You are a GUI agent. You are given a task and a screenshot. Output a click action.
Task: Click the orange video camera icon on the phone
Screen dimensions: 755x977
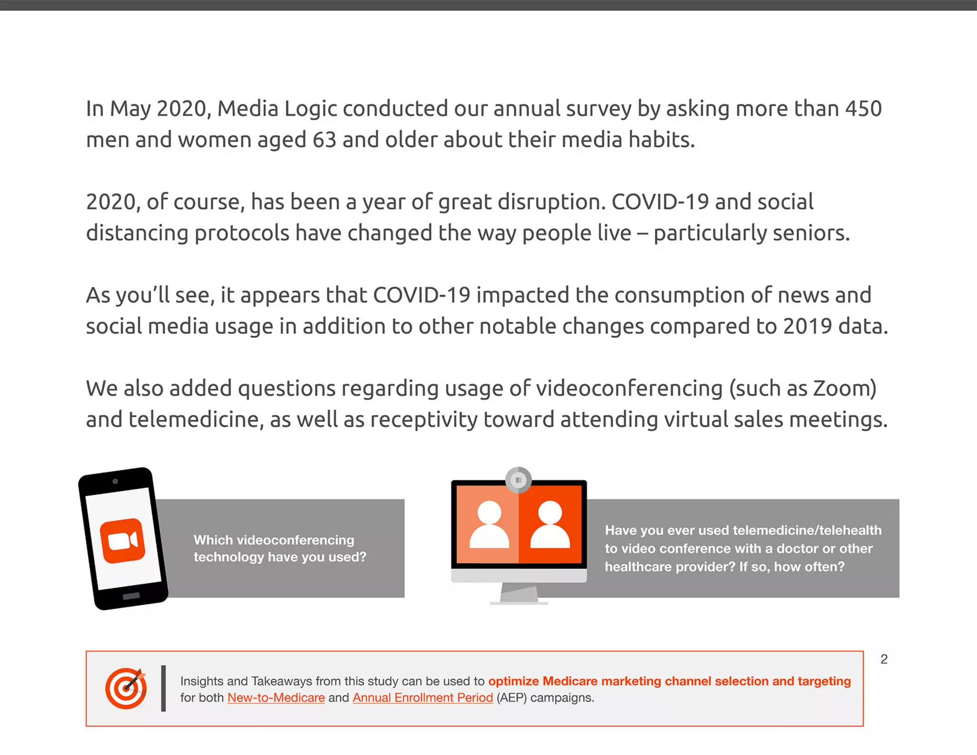point(123,541)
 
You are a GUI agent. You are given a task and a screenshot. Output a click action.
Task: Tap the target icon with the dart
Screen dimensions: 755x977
point(126,688)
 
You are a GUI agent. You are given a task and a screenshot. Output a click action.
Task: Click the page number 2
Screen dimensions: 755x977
point(884,659)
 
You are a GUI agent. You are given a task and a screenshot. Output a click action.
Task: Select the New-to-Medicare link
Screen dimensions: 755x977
point(276,697)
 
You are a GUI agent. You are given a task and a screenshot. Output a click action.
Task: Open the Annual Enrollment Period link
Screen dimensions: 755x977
point(423,697)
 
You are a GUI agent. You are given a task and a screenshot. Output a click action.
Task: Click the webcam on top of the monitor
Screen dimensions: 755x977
point(519,480)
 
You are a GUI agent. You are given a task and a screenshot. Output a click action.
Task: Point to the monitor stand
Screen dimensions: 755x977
point(519,594)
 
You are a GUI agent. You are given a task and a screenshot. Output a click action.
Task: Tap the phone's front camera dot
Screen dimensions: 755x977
point(115,481)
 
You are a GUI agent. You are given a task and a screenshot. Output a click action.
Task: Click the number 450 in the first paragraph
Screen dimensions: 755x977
point(863,109)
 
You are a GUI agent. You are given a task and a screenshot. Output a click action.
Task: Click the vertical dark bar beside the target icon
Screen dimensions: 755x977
point(164,688)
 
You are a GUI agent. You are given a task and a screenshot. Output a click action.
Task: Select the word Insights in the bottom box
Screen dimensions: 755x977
point(202,681)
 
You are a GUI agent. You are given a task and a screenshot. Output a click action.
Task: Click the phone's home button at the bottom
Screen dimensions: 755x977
point(131,596)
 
